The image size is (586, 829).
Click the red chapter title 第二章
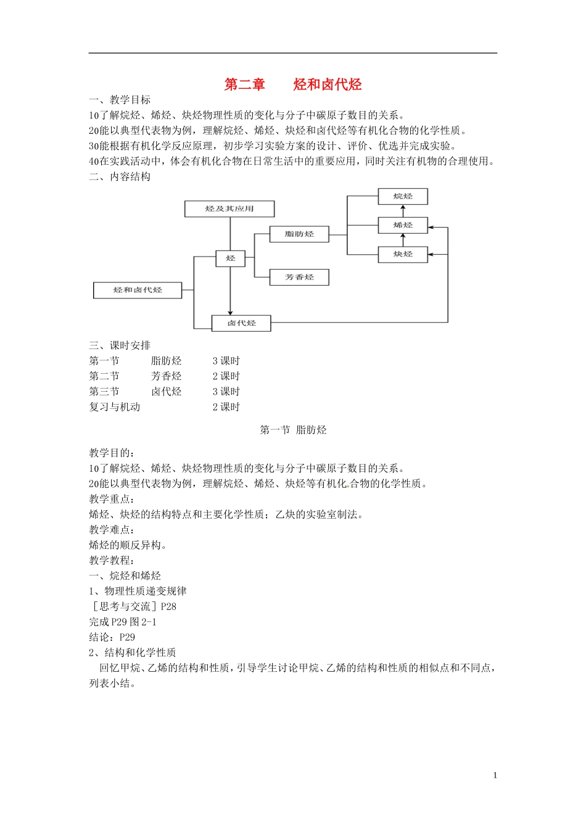[x=244, y=85]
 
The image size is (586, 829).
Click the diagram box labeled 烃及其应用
[x=229, y=208]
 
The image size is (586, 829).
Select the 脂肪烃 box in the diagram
[x=299, y=234]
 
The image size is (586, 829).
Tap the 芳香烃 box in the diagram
[x=299, y=277]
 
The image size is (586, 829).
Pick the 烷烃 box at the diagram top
[x=403, y=196]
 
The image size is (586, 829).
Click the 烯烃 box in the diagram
[x=403, y=225]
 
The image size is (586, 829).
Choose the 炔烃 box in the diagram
[x=403, y=254]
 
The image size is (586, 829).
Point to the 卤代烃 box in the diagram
[x=241, y=323]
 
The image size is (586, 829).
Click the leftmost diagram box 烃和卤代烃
[x=138, y=290]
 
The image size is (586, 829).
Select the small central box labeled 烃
[x=230, y=258]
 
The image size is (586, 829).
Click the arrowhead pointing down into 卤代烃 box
[x=230, y=313]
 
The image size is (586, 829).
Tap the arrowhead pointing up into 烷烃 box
[x=403, y=207]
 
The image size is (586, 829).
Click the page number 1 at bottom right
[x=495, y=775]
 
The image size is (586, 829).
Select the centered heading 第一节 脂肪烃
[x=293, y=430]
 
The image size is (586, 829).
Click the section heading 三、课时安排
[x=120, y=345]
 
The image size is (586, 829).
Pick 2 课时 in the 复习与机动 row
[x=226, y=407]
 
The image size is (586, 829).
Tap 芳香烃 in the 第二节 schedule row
[x=167, y=376]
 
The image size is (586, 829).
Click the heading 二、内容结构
[x=120, y=176]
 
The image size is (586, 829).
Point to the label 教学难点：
[x=112, y=530]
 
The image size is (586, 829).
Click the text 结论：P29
[x=112, y=637]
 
